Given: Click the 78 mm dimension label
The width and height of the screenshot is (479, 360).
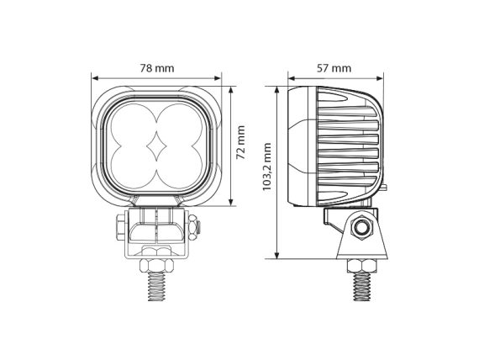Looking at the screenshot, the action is click(x=157, y=68).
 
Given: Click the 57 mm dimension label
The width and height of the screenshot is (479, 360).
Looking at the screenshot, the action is click(x=334, y=68).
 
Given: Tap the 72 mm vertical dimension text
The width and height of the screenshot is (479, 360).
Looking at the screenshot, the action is click(x=241, y=142).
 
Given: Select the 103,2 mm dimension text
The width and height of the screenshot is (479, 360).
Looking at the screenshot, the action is click(x=267, y=167).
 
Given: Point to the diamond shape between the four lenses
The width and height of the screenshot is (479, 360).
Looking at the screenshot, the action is click(x=156, y=147).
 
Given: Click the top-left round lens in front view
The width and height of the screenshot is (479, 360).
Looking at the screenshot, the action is click(x=134, y=126).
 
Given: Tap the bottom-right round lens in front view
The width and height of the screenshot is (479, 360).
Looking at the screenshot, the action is click(x=180, y=167).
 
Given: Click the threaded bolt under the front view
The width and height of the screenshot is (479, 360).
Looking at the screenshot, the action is click(x=156, y=287).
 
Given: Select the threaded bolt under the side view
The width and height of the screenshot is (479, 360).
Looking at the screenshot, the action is click(x=362, y=287).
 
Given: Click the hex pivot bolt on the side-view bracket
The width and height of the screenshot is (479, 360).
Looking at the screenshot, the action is click(x=362, y=227).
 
